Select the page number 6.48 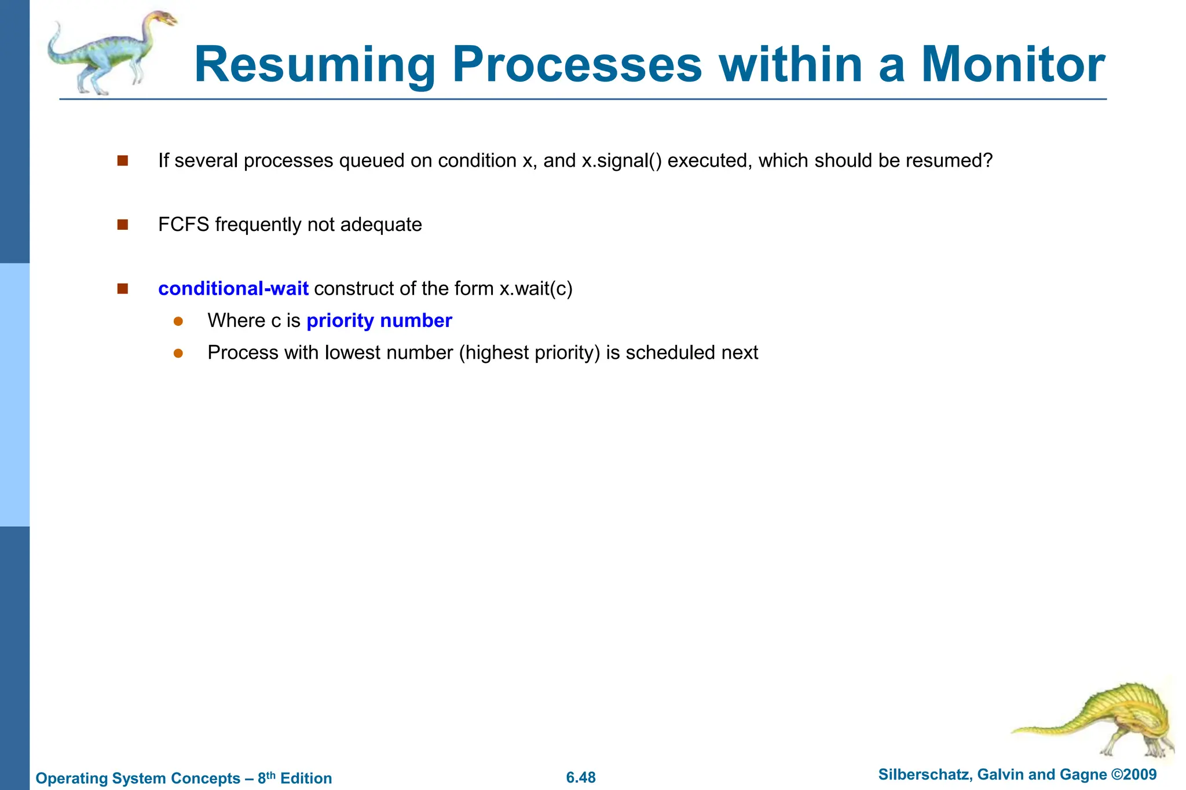[581, 777]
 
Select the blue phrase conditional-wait [233, 288]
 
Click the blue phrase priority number [379, 320]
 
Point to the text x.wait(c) [536, 288]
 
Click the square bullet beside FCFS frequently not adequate [122, 225]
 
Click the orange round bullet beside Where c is [178, 321]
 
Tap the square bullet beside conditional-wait [122, 288]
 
